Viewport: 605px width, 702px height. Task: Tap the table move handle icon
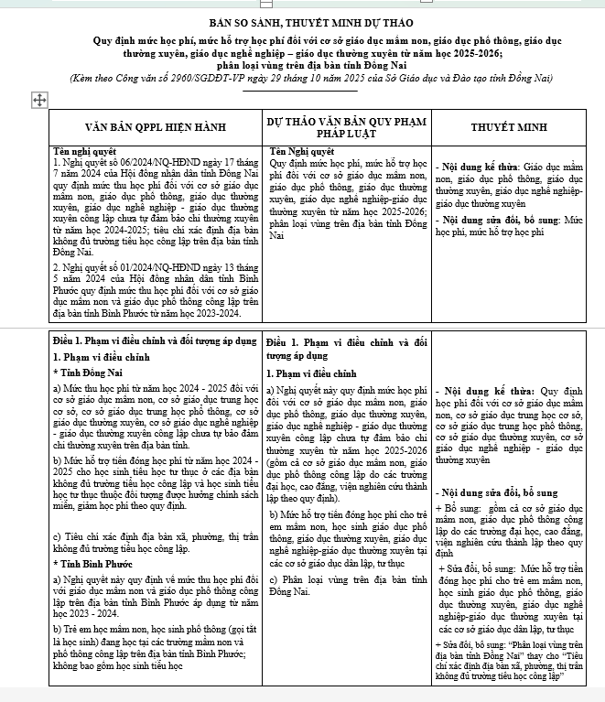[38, 98]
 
